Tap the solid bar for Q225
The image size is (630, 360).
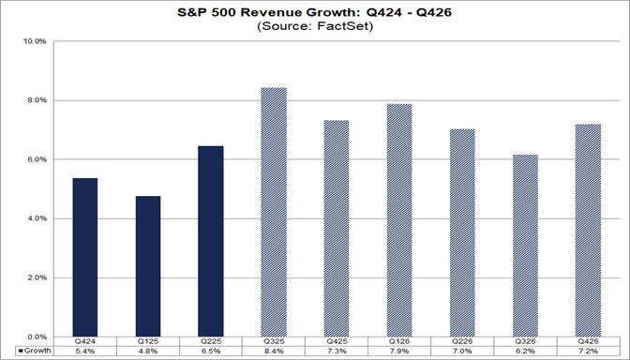click(210, 241)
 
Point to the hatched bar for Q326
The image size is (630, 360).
click(524, 246)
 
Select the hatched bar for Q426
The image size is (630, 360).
click(587, 231)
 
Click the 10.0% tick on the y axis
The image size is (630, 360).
click(36, 42)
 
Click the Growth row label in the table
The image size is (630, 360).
click(35, 352)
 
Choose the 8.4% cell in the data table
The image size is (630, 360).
click(273, 352)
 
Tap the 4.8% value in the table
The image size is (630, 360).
click(147, 352)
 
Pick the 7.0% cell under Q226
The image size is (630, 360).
click(461, 352)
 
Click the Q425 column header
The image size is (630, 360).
click(336, 342)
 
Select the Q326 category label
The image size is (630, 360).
click(524, 342)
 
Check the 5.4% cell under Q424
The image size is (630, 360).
click(85, 352)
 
